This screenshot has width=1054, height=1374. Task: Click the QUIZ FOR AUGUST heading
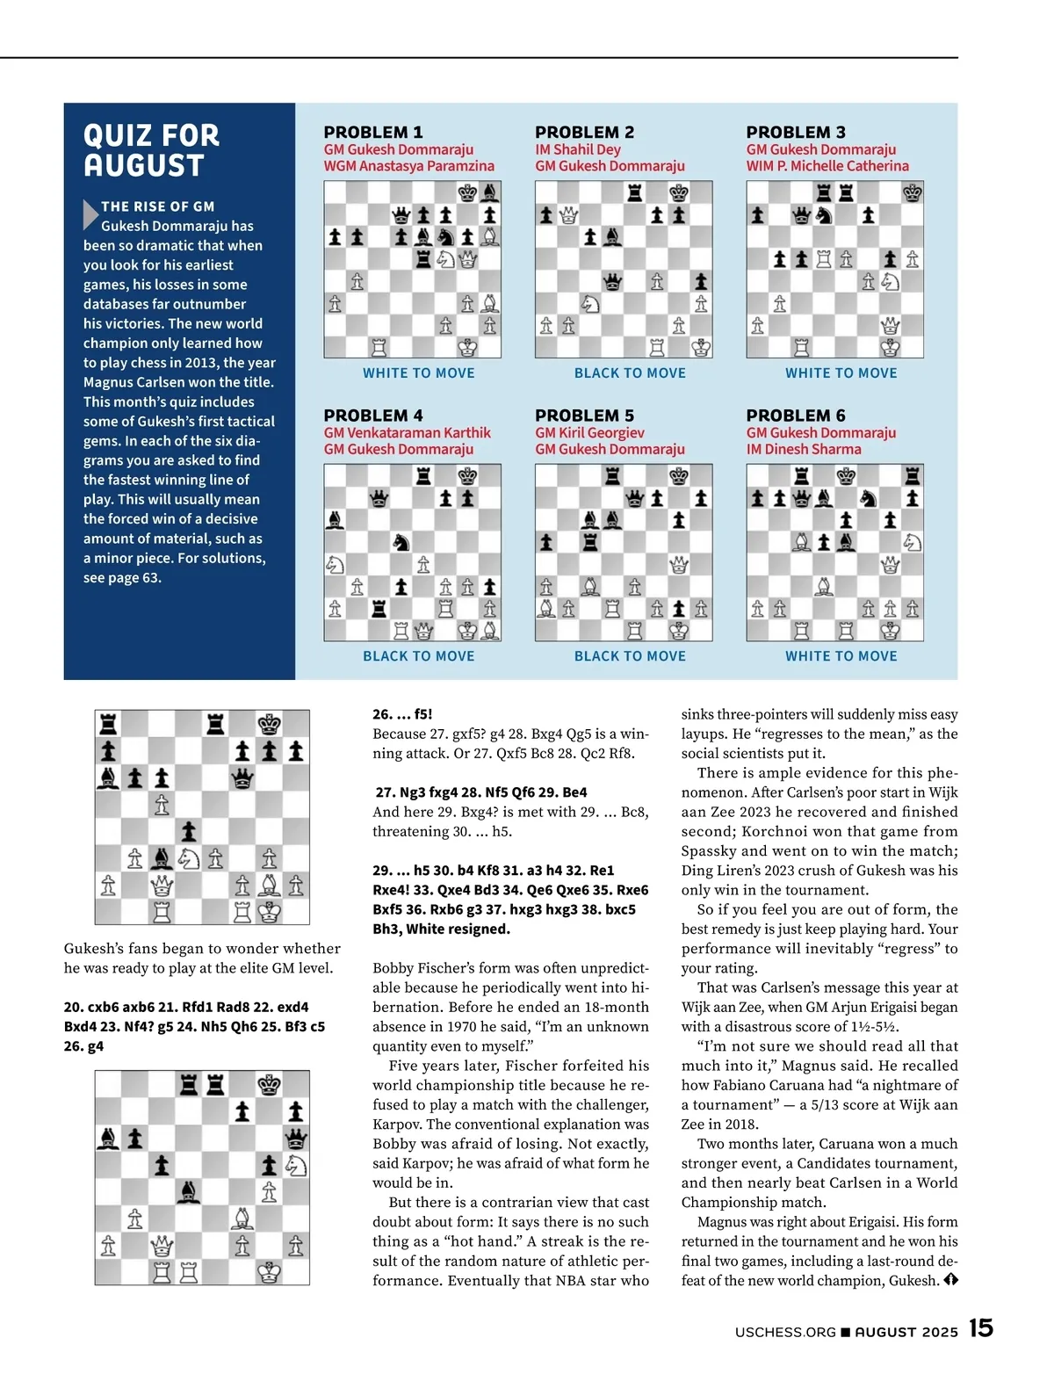(151, 150)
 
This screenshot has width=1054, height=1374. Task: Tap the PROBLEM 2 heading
(584, 133)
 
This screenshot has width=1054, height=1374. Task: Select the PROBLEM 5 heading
(584, 416)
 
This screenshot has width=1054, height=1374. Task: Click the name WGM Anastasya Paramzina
(408, 166)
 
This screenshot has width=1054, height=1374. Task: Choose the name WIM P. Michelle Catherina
(827, 166)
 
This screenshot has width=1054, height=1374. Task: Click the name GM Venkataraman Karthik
(407, 433)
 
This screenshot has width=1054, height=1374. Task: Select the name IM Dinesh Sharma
(803, 449)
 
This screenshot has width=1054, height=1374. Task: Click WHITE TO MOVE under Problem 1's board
(418, 373)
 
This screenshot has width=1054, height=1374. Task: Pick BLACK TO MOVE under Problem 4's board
(418, 656)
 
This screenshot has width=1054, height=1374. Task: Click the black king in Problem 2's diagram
(678, 192)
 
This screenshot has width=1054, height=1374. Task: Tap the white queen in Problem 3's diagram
(890, 325)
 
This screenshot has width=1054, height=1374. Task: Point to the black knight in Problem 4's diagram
(401, 542)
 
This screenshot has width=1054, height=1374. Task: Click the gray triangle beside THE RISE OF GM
(90, 214)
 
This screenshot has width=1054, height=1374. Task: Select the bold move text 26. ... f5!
(402, 714)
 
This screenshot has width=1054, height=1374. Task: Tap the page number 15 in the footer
(980, 1327)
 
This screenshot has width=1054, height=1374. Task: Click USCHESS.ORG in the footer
(785, 1332)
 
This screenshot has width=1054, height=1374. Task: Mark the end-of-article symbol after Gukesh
(950, 1280)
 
